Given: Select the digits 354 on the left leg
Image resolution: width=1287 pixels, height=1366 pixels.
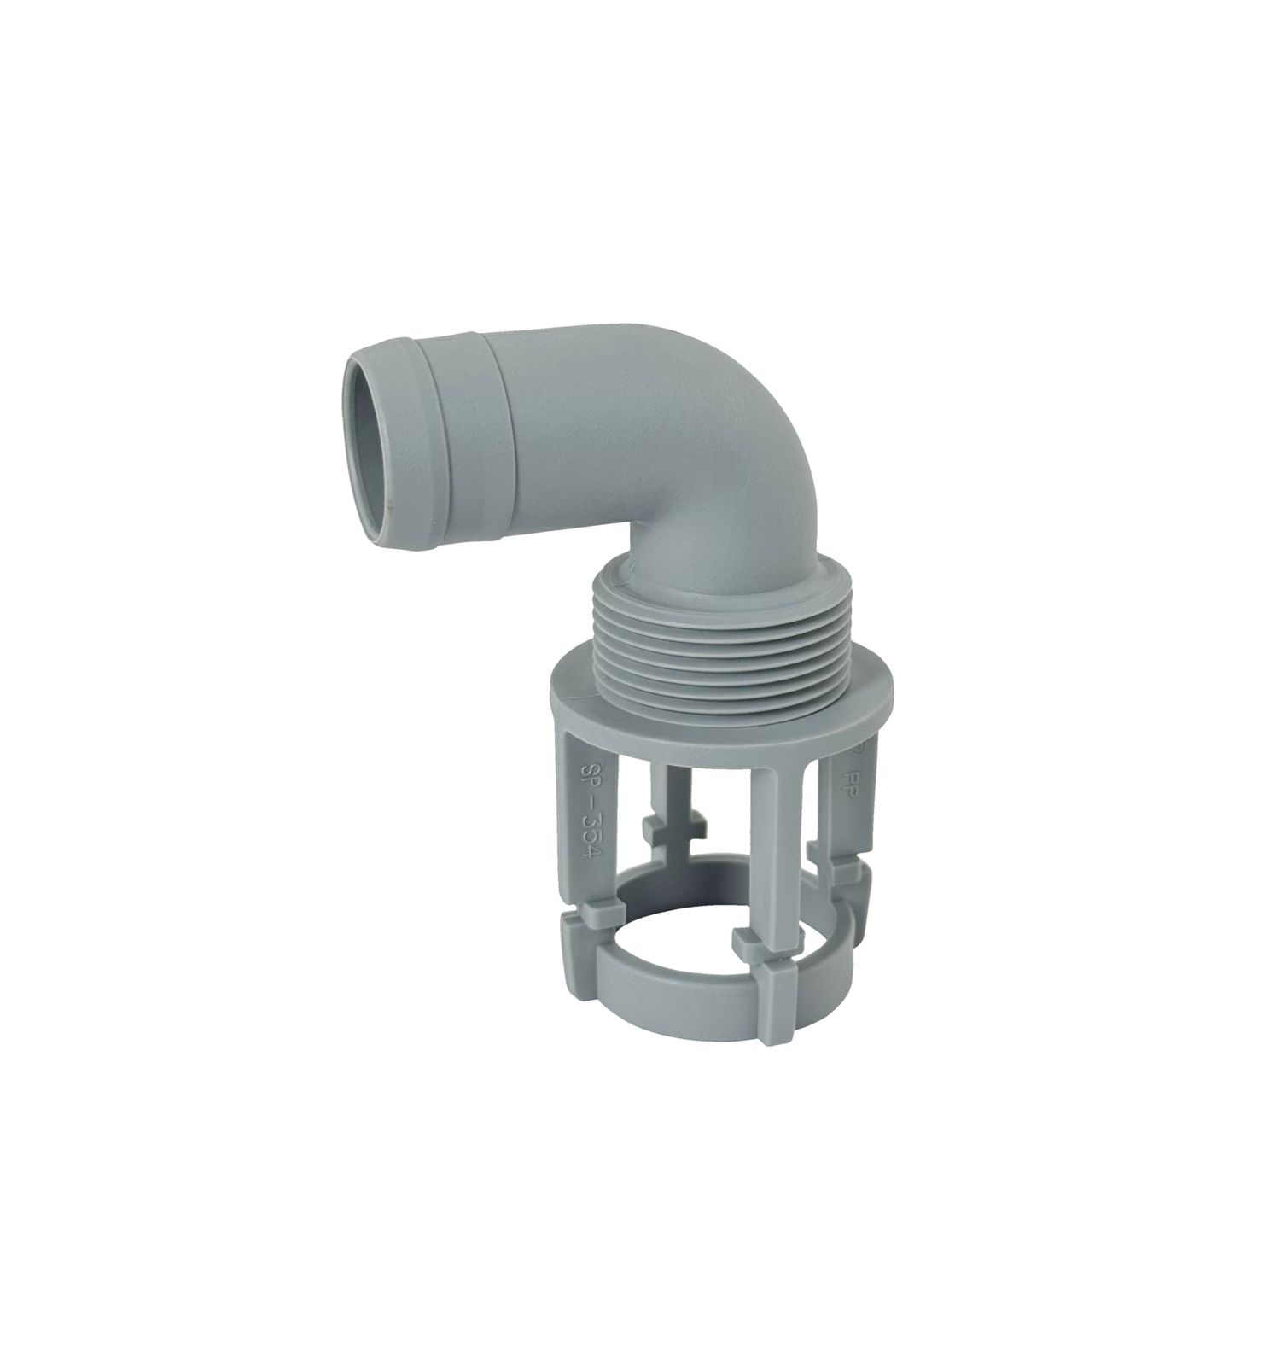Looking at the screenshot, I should (591, 845).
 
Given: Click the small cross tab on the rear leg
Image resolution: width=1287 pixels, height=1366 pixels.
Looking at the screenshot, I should (668, 828).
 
